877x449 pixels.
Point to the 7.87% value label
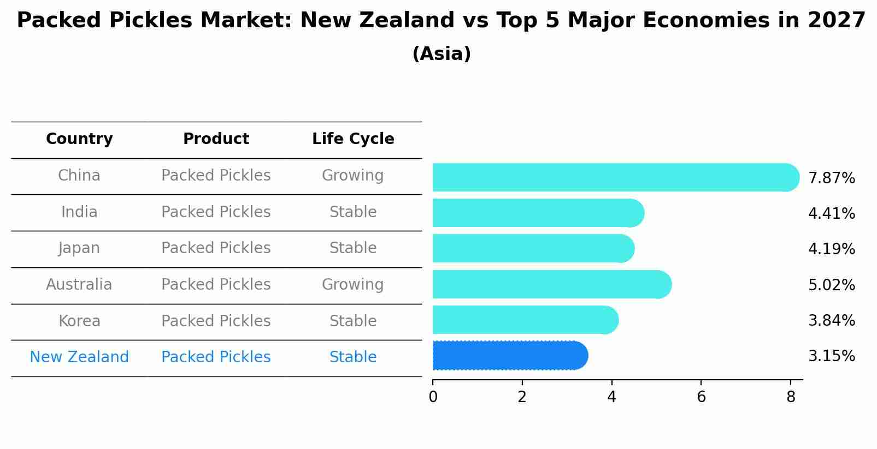click(831, 178)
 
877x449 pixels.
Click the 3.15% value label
click(831, 356)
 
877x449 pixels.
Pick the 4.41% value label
click(831, 214)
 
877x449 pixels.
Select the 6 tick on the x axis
click(701, 397)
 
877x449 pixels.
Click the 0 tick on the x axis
click(433, 397)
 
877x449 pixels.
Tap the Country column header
click(79, 139)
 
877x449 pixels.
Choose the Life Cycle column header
click(353, 139)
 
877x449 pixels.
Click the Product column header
click(216, 139)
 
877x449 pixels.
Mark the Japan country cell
click(79, 248)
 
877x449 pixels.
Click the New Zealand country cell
click(79, 357)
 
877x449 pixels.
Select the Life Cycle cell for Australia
click(352, 285)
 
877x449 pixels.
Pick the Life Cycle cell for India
click(353, 212)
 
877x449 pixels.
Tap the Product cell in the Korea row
click(216, 321)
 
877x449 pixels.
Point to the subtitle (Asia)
click(442, 54)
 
